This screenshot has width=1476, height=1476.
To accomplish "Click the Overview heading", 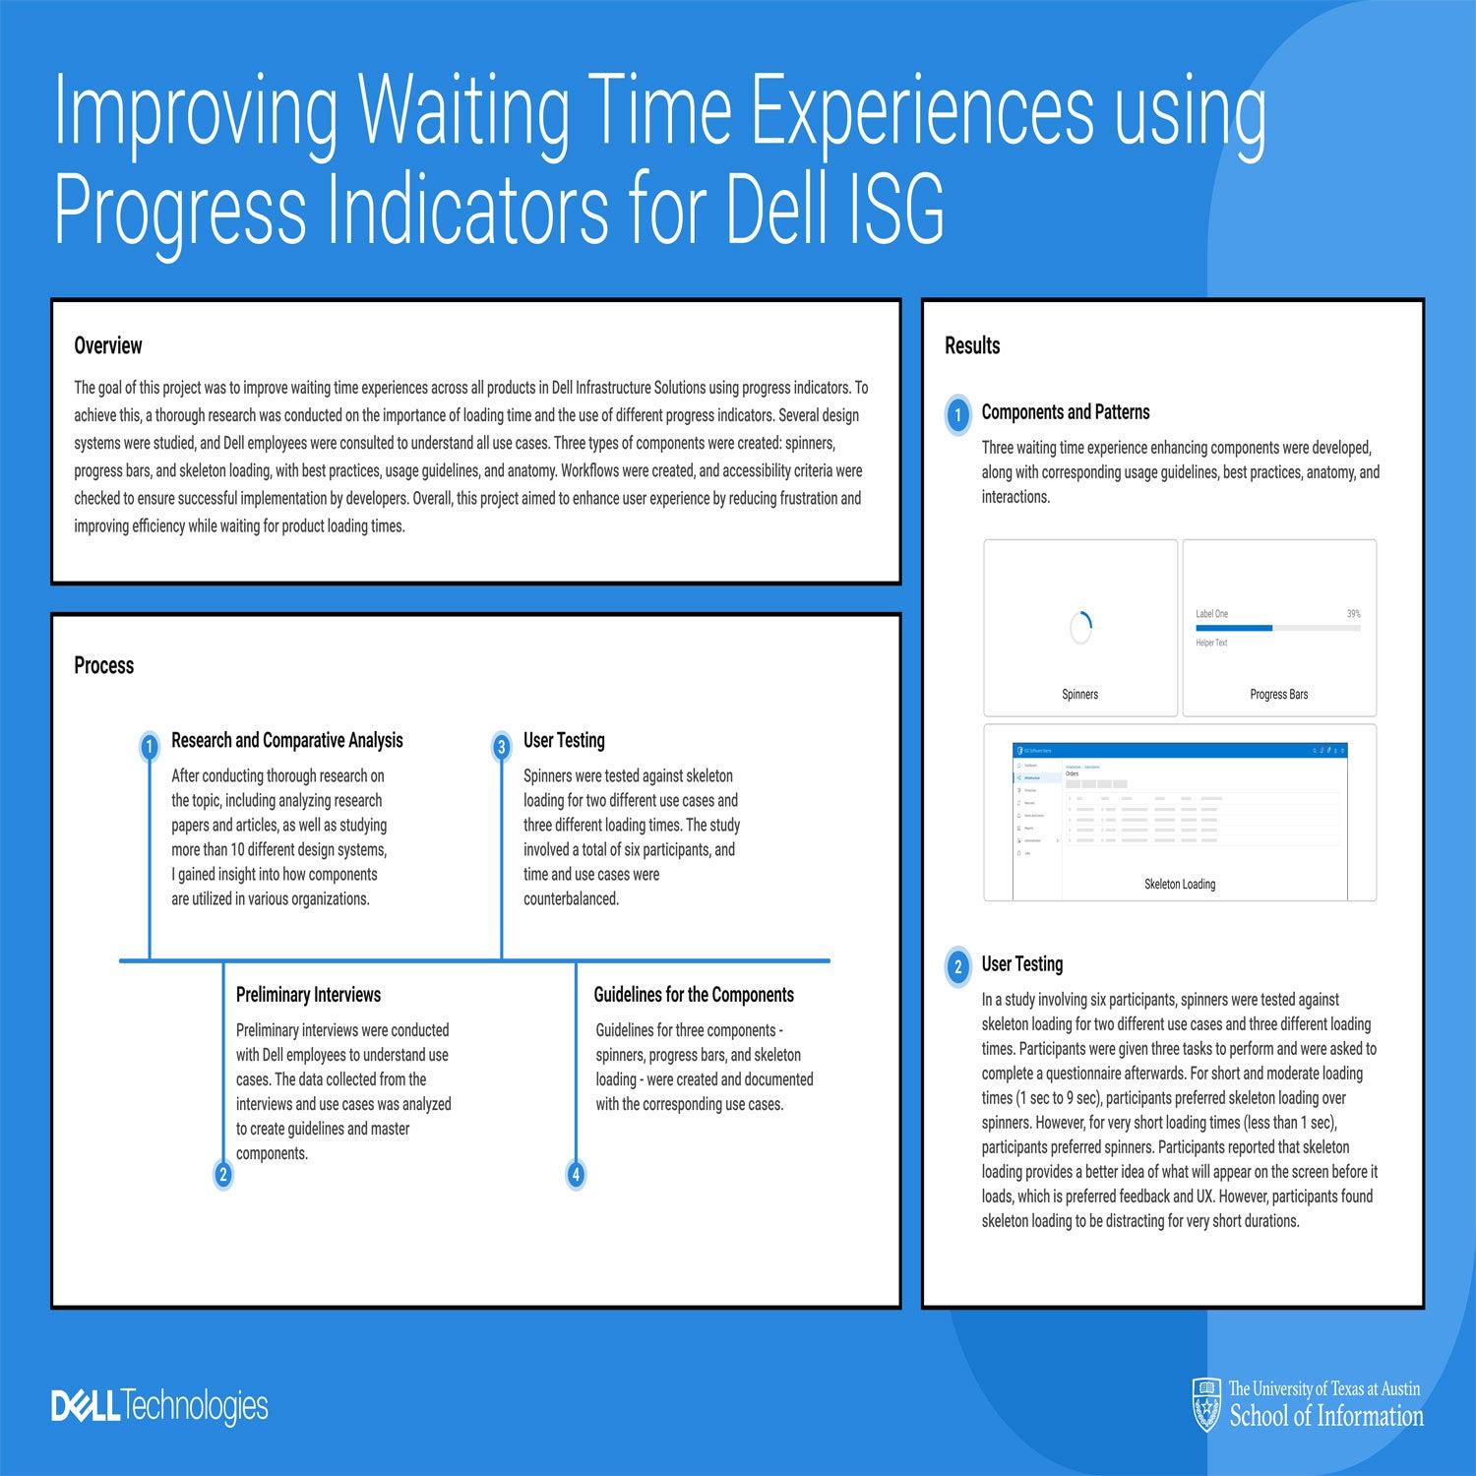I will pyautogui.click(x=108, y=345).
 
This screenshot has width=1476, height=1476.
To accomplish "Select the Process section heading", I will pyautogui.click(x=103, y=665).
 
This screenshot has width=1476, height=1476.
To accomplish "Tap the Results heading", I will pyautogui.click(x=972, y=345).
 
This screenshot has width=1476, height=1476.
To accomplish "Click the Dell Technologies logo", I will pyautogui.click(x=159, y=1406).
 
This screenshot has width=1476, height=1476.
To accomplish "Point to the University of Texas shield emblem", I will pyautogui.click(x=1206, y=1404).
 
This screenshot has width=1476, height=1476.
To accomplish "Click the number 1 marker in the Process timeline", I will pyautogui.click(x=149, y=747).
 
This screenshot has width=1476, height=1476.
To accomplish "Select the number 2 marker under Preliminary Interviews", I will pyautogui.click(x=223, y=1174).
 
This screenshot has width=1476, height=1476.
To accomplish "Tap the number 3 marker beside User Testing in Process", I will pyautogui.click(x=501, y=747).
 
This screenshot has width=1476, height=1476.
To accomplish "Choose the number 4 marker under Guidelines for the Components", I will pyautogui.click(x=576, y=1174).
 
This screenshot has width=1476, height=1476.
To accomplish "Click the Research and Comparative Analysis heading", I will pyautogui.click(x=286, y=740).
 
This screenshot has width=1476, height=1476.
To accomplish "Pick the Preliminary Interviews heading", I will pyautogui.click(x=308, y=995).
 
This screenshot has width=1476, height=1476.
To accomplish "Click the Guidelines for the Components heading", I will pyautogui.click(x=694, y=995).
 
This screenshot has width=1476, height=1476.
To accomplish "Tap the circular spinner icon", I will pyautogui.click(x=1080, y=627).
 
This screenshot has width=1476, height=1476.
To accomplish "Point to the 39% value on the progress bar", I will pyautogui.click(x=1354, y=614).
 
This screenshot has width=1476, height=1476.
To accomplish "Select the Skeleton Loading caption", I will pyautogui.click(x=1180, y=884).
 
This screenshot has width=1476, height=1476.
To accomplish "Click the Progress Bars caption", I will pyautogui.click(x=1279, y=694).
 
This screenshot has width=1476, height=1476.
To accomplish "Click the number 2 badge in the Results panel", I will pyautogui.click(x=957, y=966).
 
